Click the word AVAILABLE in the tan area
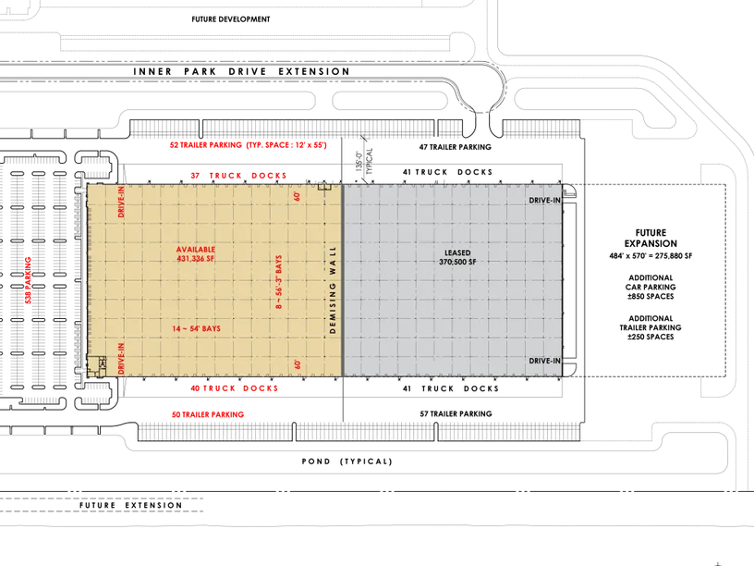(x=196, y=251)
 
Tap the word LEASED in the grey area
(x=456, y=252)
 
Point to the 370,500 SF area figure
(x=456, y=262)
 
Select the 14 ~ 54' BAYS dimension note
(x=196, y=328)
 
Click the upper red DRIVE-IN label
(x=121, y=202)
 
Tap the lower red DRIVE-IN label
(x=121, y=358)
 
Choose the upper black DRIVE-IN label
(x=545, y=200)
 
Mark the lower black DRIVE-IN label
(x=545, y=360)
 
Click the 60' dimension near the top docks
(x=298, y=196)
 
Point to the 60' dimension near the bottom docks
(x=298, y=363)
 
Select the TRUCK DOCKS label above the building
(x=237, y=175)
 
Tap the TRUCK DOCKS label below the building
(x=233, y=388)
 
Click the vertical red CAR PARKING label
(x=29, y=282)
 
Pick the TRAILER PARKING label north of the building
(x=248, y=146)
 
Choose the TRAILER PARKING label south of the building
(x=207, y=415)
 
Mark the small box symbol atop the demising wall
(x=324, y=188)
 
